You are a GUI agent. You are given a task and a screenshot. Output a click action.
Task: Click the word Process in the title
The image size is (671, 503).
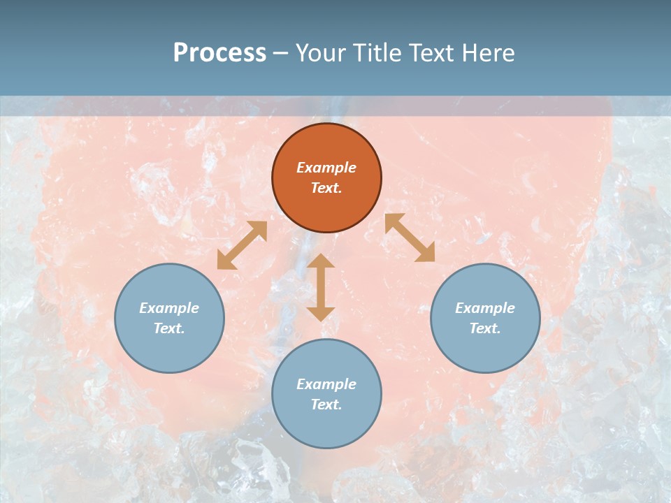click(219, 53)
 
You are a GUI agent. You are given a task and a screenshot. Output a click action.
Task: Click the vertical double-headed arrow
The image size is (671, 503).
click(321, 287)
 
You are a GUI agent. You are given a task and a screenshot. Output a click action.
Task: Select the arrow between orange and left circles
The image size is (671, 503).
click(242, 245)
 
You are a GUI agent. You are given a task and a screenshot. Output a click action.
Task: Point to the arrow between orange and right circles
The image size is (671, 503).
click(410, 238)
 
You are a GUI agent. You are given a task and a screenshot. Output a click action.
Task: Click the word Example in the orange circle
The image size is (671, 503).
click(326, 168)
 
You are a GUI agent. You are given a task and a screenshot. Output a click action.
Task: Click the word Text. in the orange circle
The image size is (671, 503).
click(326, 188)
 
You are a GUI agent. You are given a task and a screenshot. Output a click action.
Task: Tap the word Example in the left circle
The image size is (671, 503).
click(169, 308)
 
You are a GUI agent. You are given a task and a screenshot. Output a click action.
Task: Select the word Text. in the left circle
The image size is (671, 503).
click(169, 328)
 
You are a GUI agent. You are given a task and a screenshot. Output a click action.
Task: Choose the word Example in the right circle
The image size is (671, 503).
click(485, 308)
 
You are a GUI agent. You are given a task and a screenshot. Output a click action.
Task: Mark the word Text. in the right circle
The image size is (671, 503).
click(485, 328)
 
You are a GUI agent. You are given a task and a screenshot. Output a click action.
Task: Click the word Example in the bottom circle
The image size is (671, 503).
click(326, 384)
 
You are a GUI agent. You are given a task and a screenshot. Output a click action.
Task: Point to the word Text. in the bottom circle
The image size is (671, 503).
click(326, 404)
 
